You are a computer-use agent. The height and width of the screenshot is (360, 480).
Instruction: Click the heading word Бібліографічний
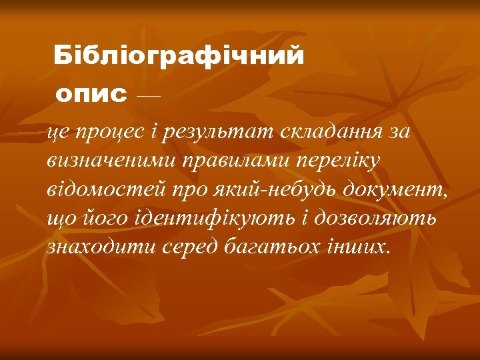pyautogui.click(x=179, y=55)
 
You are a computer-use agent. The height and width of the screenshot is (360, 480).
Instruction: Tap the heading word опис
pyautogui.click(x=91, y=95)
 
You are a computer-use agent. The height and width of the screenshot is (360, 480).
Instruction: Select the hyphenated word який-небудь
pyautogui.click(x=271, y=189)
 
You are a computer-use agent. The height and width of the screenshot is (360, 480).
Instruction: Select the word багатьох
pyautogui.click(x=269, y=247)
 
